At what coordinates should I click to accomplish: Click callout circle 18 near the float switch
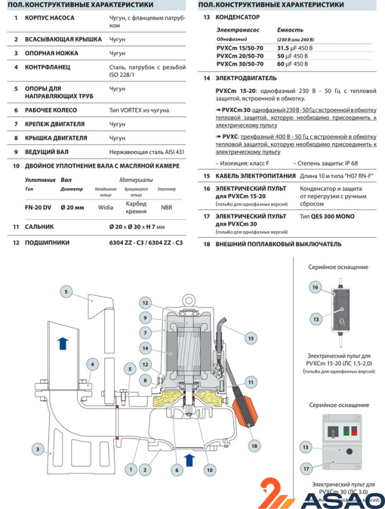pos(255,445)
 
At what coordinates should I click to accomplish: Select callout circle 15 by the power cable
pos(251,338)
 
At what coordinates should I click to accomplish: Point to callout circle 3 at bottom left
pos(38,448)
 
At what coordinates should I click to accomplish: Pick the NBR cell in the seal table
pos(166,206)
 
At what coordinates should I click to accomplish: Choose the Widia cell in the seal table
pos(106,206)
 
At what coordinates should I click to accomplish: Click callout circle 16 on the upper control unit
pos(314,288)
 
